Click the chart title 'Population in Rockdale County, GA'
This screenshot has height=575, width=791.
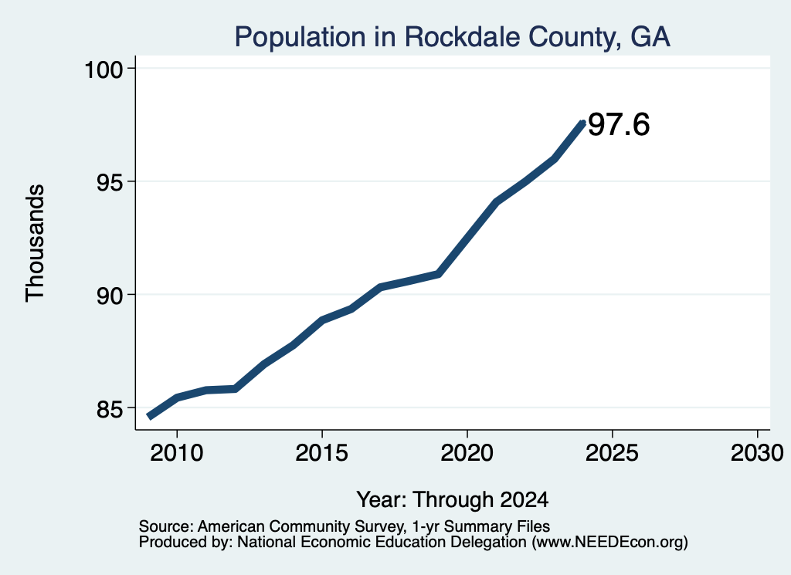click(452, 38)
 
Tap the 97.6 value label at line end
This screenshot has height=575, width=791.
click(619, 124)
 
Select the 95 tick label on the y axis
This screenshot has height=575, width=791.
click(110, 182)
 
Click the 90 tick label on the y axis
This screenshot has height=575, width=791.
click(110, 296)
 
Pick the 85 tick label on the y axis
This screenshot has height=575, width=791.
click(110, 409)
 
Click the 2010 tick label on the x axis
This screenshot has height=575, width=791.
click(177, 452)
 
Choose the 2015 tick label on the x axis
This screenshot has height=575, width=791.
click(322, 452)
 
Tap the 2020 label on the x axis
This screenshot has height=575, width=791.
click(467, 452)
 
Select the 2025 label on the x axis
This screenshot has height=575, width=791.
click(612, 452)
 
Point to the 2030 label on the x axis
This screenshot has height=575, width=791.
click(757, 452)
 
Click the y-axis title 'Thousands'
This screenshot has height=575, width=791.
click(36, 243)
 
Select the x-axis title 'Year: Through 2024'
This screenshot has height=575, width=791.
click(453, 499)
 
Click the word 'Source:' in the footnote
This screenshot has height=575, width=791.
click(166, 526)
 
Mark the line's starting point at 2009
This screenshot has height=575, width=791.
click(148, 416)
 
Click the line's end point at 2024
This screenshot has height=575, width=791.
click(583, 123)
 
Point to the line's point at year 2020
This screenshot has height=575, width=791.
click(467, 238)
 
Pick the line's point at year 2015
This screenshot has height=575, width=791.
click(322, 320)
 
